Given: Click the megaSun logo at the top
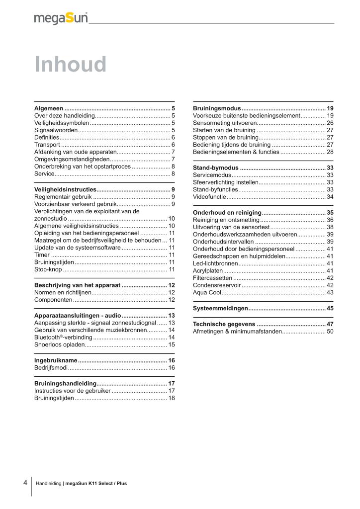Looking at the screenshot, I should (61, 18).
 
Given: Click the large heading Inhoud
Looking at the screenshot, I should (70, 65).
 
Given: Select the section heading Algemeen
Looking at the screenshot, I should (49, 108).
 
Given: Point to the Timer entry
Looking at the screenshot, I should (42, 254).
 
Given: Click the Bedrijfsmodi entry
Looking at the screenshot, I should (50, 368).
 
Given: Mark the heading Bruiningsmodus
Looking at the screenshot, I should (217, 108).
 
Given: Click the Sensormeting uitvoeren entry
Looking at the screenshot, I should (225, 122).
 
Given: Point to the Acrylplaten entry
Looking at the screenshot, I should (208, 270).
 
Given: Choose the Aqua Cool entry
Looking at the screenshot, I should (207, 292).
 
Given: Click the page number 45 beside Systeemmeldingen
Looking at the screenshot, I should (330, 309).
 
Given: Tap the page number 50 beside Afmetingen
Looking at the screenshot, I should (330, 331).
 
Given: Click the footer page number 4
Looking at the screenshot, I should (25, 482).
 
